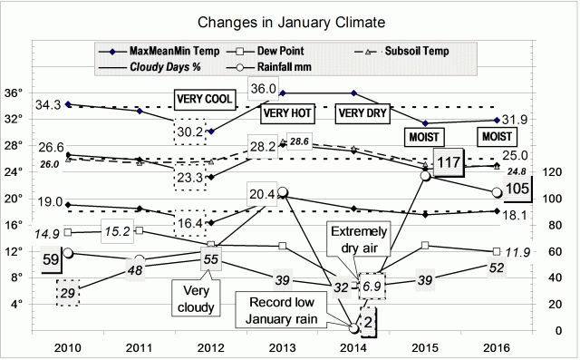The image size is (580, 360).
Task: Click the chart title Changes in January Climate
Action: (290, 20)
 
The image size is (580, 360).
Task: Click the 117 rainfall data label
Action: (449, 162)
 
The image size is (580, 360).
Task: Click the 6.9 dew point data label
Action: (373, 287)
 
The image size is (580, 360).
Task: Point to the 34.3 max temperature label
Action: (51, 106)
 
